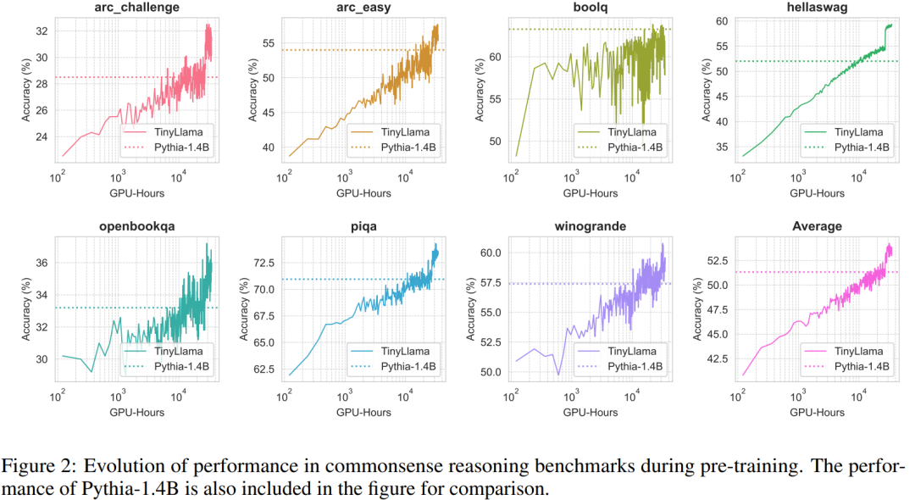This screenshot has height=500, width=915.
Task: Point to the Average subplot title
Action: pos(817,225)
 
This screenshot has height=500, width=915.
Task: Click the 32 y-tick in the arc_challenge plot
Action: pos(41,31)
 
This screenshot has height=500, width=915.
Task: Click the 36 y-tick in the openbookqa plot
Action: pos(41,263)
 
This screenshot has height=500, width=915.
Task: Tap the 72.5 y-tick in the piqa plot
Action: pos(263,264)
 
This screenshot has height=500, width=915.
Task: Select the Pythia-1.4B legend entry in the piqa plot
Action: pos(407,367)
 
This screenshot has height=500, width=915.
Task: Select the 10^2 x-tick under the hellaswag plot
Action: pos(738,178)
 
